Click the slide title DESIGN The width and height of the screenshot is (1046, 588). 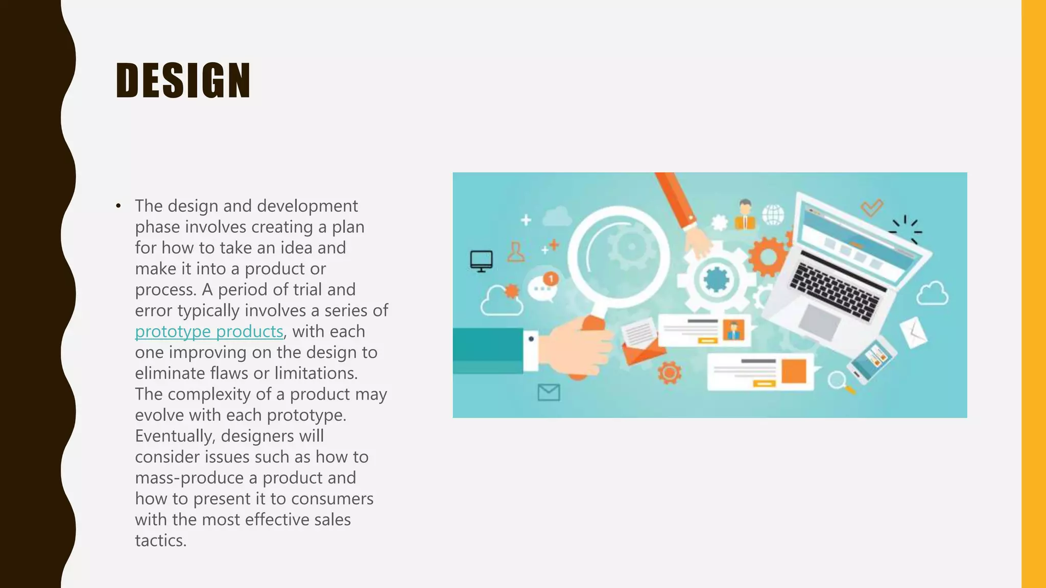click(183, 80)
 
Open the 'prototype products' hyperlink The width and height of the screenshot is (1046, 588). click(209, 332)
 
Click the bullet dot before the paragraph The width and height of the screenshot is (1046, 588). click(118, 206)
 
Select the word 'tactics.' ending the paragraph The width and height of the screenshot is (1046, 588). click(160, 541)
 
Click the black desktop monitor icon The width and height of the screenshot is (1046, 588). click(481, 261)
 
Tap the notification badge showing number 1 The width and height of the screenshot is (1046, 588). click(551, 279)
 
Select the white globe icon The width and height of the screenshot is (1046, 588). click(773, 214)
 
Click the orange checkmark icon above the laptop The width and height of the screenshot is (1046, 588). click(871, 207)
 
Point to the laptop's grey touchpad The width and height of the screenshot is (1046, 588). click(819, 322)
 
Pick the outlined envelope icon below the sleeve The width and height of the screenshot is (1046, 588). click(549, 393)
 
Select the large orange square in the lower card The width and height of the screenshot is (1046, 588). click(794, 371)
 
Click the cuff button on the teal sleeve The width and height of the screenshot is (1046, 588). click(531, 339)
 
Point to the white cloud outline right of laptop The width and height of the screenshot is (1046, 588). click(932, 294)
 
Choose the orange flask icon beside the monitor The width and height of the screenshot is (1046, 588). click(516, 252)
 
